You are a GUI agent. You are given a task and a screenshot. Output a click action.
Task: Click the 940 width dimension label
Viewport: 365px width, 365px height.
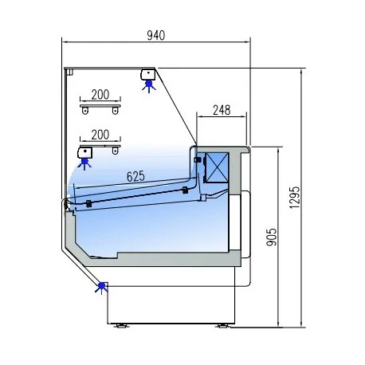[156, 34]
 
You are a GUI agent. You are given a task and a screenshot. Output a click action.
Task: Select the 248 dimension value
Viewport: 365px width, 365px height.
[221, 111]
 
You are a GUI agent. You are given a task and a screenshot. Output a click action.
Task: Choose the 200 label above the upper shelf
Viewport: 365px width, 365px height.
[100, 93]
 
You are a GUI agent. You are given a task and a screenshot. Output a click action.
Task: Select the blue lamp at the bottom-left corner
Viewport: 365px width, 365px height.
[101, 286]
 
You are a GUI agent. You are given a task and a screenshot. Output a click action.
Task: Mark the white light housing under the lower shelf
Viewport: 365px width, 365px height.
[84, 151]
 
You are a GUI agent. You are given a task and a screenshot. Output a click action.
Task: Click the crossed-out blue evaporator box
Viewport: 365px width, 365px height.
[217, 165]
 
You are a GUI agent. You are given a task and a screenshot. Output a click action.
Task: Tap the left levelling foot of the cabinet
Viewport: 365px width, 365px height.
[121, 325]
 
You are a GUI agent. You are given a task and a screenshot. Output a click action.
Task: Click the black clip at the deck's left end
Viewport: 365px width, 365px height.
[88, 203]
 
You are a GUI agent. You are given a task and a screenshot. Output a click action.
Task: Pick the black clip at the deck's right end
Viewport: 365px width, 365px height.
[185, 190]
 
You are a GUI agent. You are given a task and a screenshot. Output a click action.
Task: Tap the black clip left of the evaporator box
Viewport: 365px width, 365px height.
[197, 160]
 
